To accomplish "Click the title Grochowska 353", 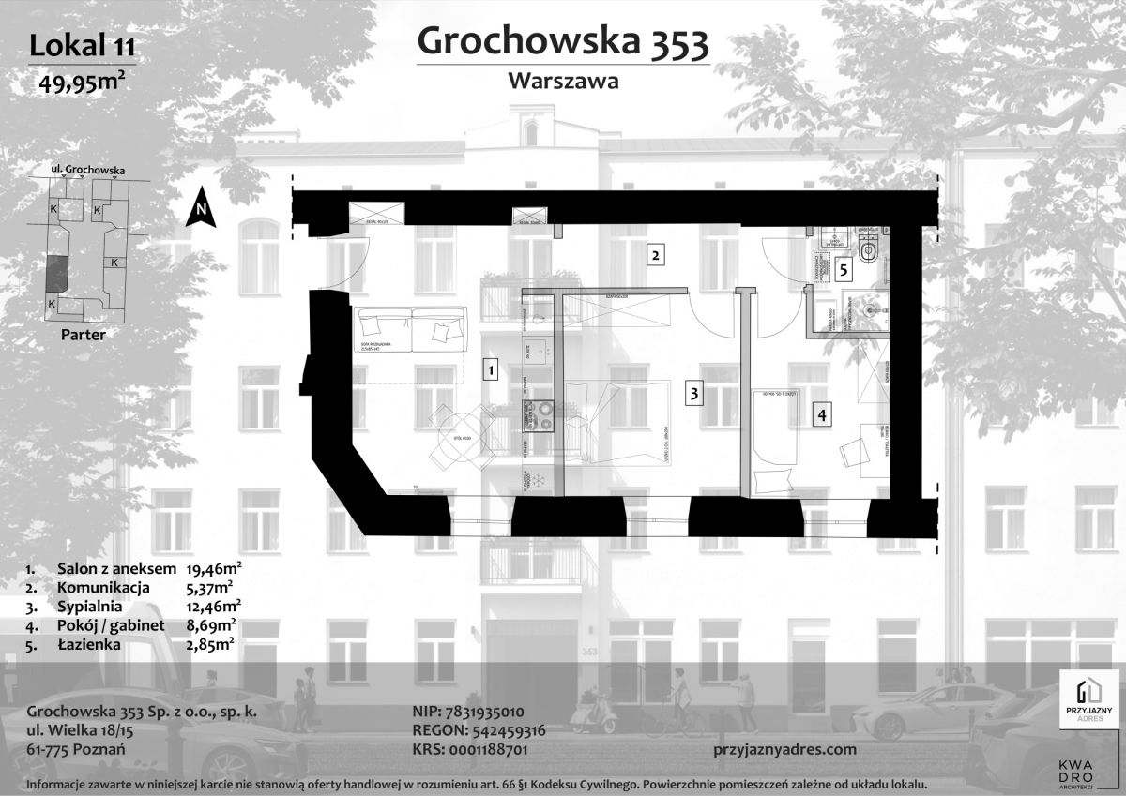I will click(562, 41).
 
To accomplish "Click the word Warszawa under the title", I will click(562, 81).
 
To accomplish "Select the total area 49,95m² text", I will click(82, 81).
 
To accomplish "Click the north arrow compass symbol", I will click(200, 208).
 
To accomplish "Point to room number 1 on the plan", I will click(490, 370).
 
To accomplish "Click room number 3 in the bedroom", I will click(693, 394).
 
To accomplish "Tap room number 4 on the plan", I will click(821, 414).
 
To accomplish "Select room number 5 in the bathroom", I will click(844, 270).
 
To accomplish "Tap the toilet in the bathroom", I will click(869, 253).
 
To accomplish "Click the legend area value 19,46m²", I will click(215, 568).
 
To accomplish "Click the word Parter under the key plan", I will click(82, 333).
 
